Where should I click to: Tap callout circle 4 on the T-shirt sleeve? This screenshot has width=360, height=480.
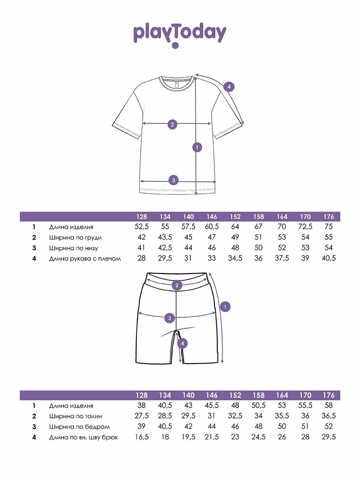tap(229, 86)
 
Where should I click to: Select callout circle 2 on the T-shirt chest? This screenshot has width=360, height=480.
tap(172, 124)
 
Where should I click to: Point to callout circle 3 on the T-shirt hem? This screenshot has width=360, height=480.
tap(173, 180)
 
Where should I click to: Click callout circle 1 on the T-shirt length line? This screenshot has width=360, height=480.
tap(196, 147)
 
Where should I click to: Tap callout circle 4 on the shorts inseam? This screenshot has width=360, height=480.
tap(182, 343)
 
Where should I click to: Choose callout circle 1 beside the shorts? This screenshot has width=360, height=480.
tap(225, 307)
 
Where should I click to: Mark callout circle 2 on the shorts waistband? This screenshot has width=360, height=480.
tap(177, 285)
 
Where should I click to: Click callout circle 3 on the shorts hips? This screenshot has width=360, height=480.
tap(170, 318)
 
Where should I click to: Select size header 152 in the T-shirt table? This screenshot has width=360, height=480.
tap(235, 217)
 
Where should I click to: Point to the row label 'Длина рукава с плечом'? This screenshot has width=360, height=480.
tap(85, 258)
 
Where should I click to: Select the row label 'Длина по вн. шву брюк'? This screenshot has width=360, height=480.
tap(83, 437)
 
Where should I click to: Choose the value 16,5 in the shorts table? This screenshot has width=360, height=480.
tap(142, 437)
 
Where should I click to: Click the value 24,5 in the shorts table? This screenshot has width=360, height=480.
tap(258, 437)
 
